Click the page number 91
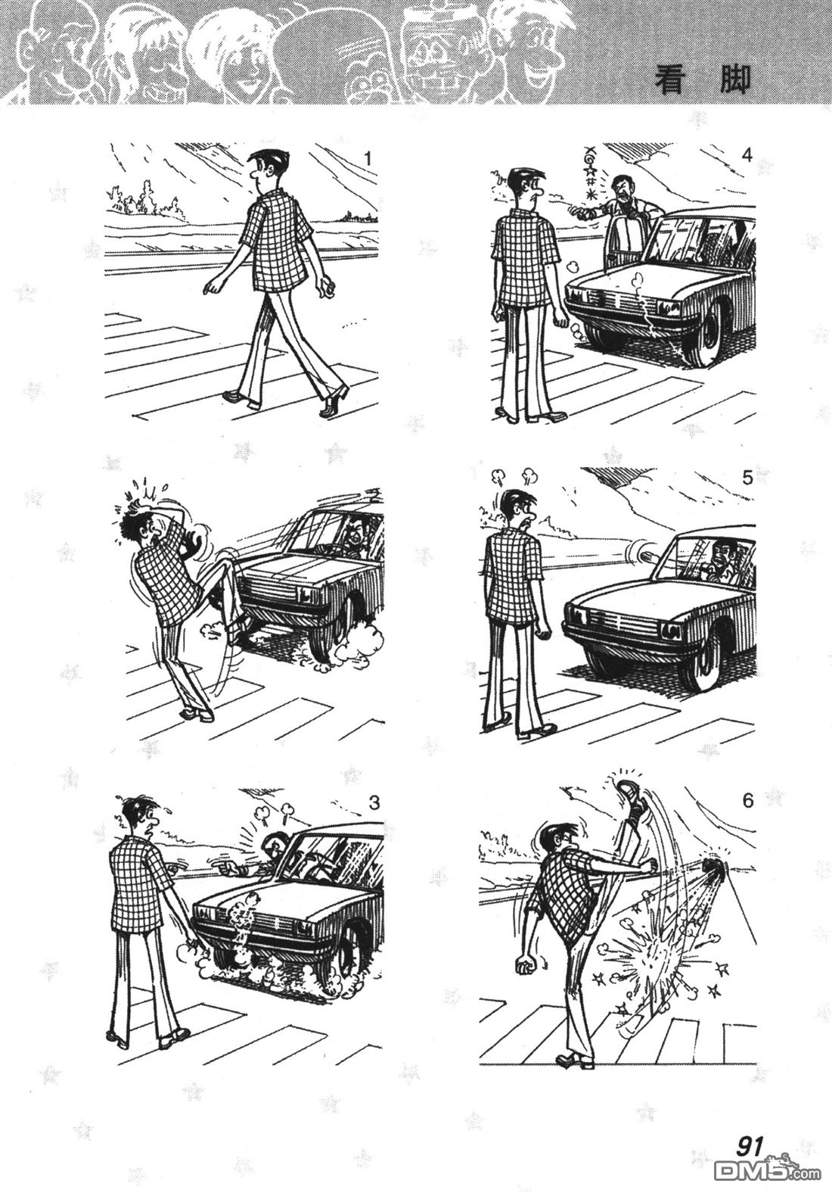point(750,1143)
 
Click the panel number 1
point(367,158)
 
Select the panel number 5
point(747,478)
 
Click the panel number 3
point(374,802)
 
